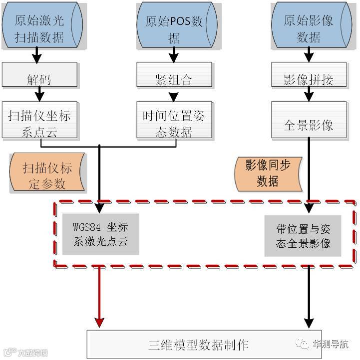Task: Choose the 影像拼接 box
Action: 309,78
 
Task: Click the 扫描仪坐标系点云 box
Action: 39,120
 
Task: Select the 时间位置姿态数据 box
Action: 174,120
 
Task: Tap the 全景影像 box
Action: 309,120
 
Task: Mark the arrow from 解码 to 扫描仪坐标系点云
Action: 39,94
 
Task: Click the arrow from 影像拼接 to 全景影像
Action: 309,94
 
